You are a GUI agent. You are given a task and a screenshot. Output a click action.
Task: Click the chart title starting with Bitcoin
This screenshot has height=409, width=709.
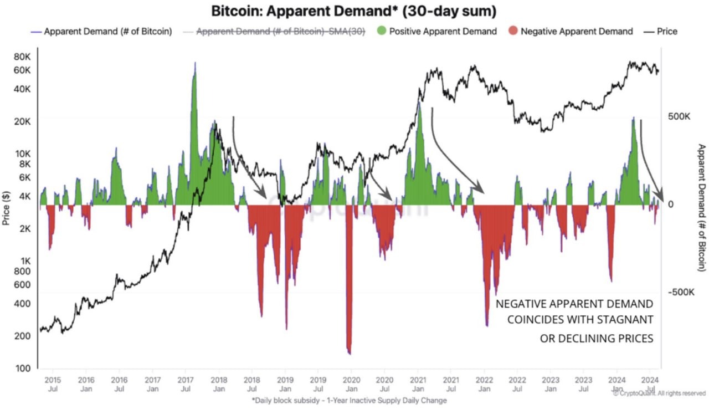(354, 11)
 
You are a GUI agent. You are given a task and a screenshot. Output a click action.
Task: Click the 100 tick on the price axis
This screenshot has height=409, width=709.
(24, 369)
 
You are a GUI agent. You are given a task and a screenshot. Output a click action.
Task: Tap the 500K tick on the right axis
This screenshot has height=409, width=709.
(679, 117)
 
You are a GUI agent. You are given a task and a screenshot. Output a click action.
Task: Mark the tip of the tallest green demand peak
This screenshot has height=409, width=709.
(194, 63)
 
